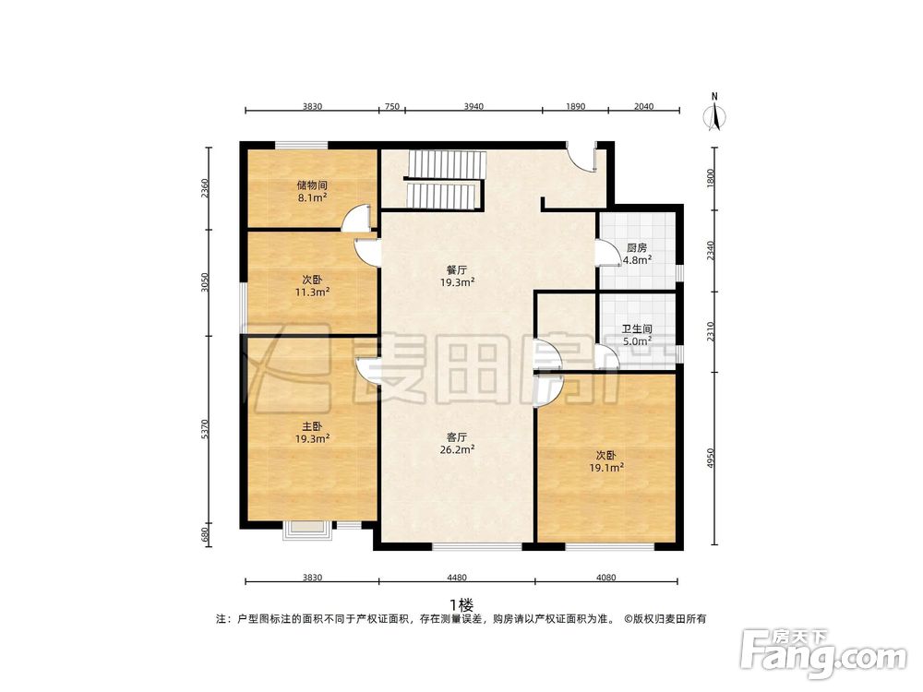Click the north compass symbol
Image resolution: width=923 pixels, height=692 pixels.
pyautogui.click(x=713, y=114)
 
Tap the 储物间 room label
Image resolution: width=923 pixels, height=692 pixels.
pyautogui.click(x=312, y=185)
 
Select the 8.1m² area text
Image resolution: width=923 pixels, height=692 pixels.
pyautogui.click(x=312, y=197)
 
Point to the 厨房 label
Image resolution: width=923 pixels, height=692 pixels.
pyautogui.click(x=636, y=248)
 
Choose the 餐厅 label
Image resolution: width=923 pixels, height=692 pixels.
pyautogui.click(x=456, y=270)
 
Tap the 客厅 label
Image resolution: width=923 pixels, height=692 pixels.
pyautogui.click(x=456, y=436)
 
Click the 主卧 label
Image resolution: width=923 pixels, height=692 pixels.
pyautogui.click(x=312, y=427)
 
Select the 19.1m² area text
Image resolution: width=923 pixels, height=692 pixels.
pyautogui.click(x=608, y=468)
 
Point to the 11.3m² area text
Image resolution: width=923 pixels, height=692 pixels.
pyautogui.click(x=312, y=292)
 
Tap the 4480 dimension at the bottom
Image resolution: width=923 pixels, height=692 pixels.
pyautogui.click(x=457, y=578)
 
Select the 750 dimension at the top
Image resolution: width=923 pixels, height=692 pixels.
pyautogui.click(x=391, y=107)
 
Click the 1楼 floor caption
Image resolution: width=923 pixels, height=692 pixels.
pyautogui.click(x=461, y=605)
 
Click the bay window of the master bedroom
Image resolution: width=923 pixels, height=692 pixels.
pyautogui.click(x=306, y=529)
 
